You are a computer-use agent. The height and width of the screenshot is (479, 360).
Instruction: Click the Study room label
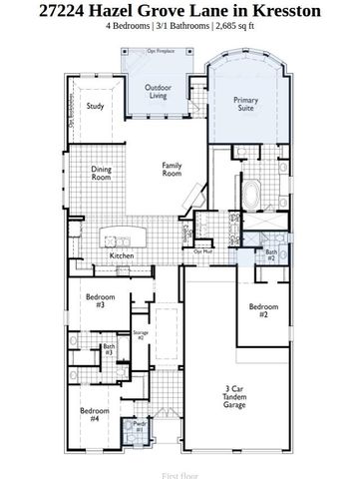pyautogui.click(x=96, y=106)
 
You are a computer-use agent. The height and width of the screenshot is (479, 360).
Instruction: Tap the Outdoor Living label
pyautogui.click(x=156, y=93)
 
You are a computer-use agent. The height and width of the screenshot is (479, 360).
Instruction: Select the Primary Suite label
pyautogui.click(x=246, y=105)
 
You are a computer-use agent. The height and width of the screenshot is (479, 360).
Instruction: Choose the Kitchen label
pyautogui.click(x=122, y=256)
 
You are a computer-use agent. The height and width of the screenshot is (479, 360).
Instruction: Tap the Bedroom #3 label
pyautogui.click(x=95, y=300)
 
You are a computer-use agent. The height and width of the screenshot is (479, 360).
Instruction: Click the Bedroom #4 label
pyautogui.click(x=95, y=415)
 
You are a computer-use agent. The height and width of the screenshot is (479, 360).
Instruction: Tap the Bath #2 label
pyautogui.click(x=270, y=254)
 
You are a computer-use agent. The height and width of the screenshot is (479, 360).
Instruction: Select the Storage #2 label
pyautogui.click(x=141, y=336)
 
